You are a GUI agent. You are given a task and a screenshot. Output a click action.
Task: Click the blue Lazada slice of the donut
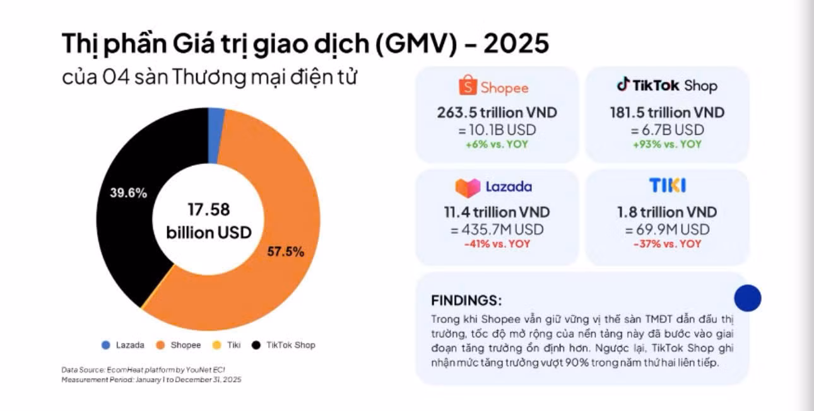[x=216, y=136]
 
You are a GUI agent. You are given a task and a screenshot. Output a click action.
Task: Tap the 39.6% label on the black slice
[x=129, y=193]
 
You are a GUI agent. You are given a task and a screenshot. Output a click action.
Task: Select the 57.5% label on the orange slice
[x=286, y=252]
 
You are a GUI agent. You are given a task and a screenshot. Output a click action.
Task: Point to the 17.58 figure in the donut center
[x=209, y=209]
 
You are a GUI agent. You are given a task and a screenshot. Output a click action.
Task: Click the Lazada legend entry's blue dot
[x=106, y=345]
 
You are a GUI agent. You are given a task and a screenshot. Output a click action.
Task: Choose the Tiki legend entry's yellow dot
[x=216, y=345]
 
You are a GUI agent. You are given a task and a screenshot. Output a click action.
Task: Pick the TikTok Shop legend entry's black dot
[x=256, y=345]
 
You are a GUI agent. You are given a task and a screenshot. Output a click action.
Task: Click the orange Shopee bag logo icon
[x=468, y=85]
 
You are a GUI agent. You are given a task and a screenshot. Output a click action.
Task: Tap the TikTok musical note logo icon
[x=623, y=84]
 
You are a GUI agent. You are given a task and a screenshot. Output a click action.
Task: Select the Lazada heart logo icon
[x=468, y=188]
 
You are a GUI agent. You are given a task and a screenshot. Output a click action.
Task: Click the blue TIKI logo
[x=668, y=185]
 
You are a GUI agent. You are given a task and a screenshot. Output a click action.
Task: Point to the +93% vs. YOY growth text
[x=667, y=144]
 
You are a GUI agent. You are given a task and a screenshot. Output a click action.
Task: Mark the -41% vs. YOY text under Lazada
[x=497, y=244]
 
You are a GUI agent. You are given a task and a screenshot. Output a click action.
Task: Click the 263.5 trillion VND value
[x=497, y=113]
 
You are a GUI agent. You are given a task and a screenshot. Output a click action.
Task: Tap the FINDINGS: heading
[x=466, y=301]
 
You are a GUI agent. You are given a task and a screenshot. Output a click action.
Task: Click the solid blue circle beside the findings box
[x=748, y=298]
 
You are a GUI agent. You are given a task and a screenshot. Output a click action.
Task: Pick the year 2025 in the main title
[x=516, y=43]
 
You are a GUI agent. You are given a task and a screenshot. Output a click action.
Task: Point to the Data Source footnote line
[x=143, y=369]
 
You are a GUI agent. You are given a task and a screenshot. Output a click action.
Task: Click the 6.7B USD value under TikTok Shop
[x=673, y=130]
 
